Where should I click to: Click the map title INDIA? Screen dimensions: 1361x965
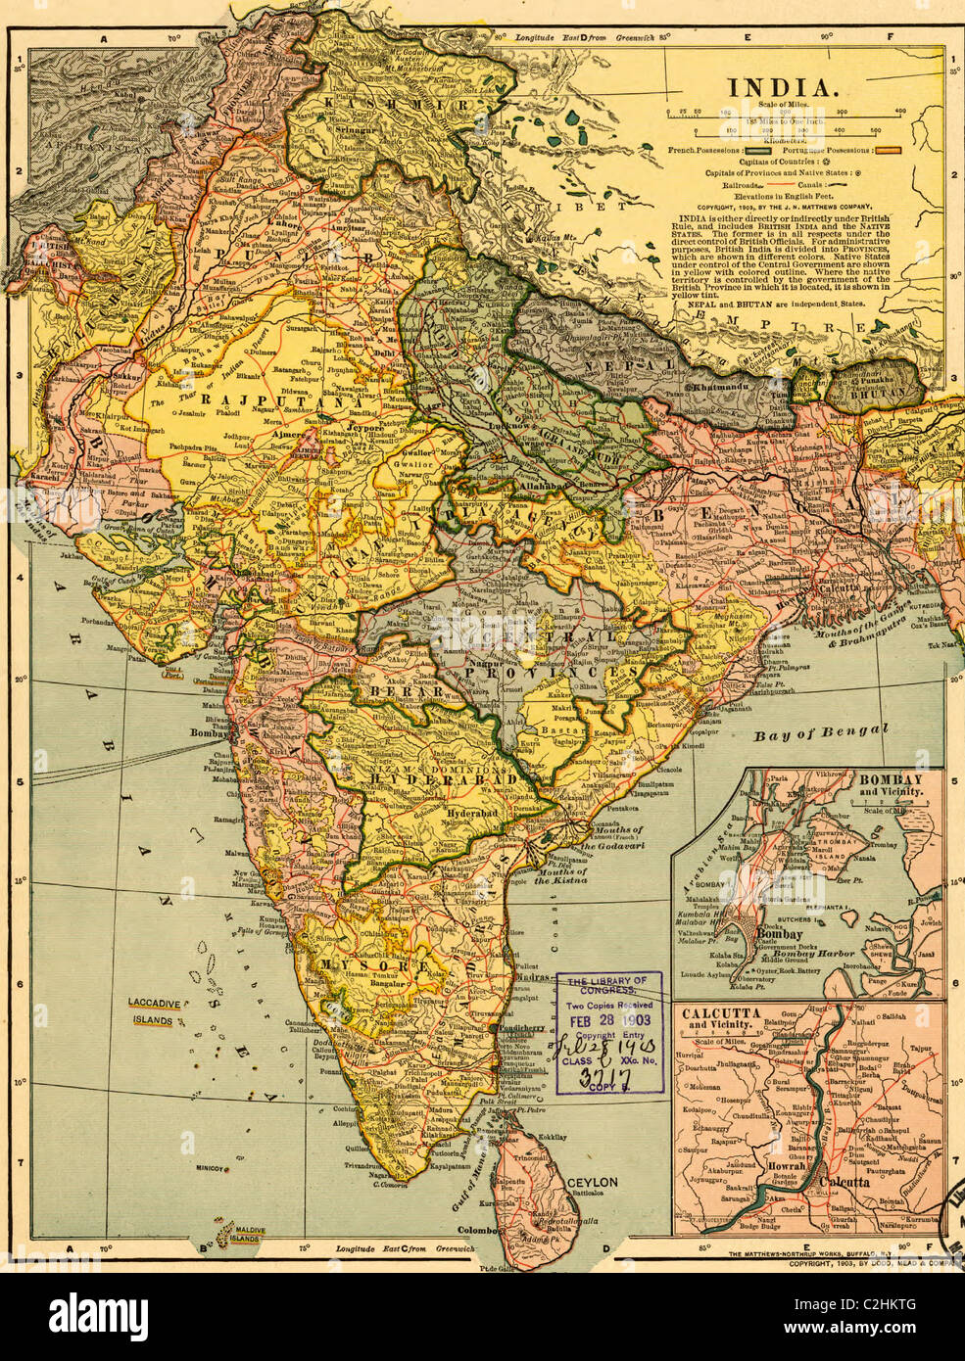(x=781, y=87)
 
